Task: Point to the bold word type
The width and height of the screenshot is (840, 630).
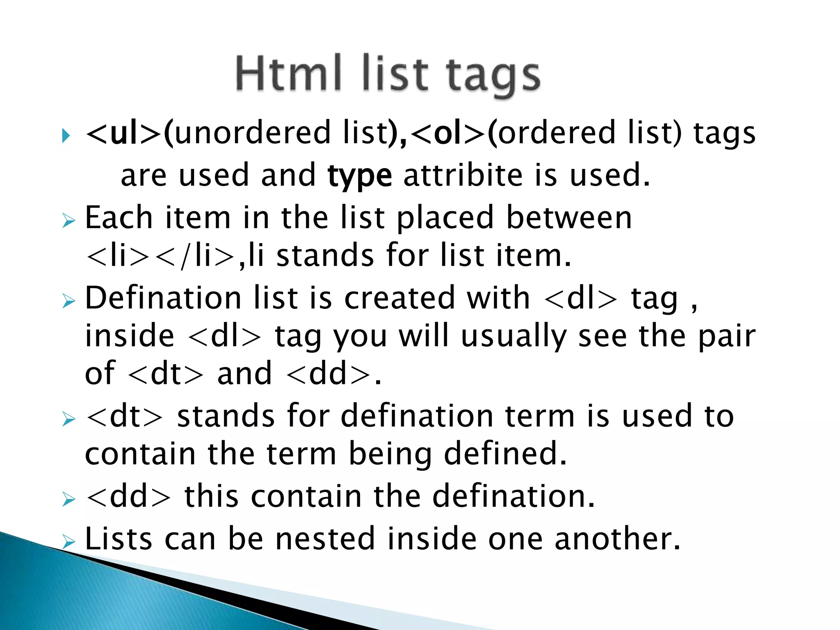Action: pos(360,176)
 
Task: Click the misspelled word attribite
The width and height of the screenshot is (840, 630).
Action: pos(463,175)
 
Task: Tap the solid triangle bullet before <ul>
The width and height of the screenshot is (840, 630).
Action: pos(66,136)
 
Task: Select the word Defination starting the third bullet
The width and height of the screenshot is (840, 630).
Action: pos(163,298)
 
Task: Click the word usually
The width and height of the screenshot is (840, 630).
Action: pos(513,336)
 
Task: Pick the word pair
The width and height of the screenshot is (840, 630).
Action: pos(726,336)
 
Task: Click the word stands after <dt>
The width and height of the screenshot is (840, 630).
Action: pos(226,416)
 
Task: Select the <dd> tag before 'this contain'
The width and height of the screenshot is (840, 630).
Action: pos(128,497)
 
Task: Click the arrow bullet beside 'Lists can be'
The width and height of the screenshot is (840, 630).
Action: pos(69,542)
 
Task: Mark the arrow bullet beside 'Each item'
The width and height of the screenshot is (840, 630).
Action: pos(69,221)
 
